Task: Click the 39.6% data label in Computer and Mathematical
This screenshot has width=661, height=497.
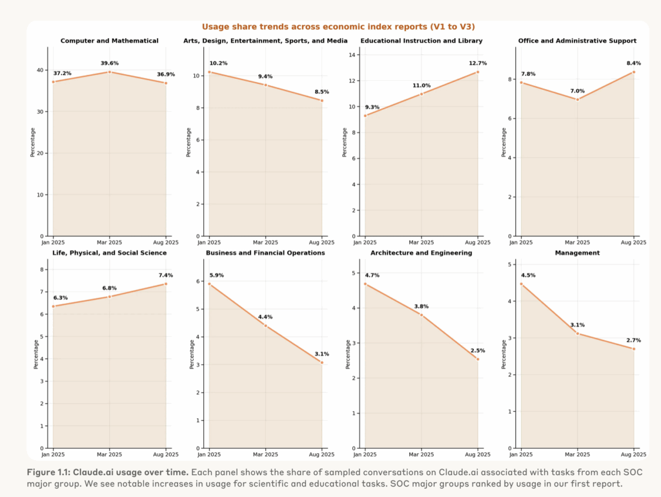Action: pyautogui.click(x=110, y=63)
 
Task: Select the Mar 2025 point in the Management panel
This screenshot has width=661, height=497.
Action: pyautogui.click(x=578, y=333)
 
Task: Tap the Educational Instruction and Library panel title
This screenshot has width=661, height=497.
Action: pyautogui.click(x=422, y=41)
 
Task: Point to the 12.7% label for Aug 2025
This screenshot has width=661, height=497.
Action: pyautogui.click(x=478, y=63)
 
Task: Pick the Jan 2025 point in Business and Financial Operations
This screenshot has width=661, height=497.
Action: pyautogui.click(x=209, y=284)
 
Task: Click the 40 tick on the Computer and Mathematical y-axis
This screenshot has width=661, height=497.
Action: pyautogui.click(x=40, y=70)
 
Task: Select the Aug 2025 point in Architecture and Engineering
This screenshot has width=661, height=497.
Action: pyautogui.click(x=478, y=359)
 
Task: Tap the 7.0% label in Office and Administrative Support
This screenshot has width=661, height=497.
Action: pyautogui.click(x=578, y=91)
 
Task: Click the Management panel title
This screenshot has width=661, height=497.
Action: pyautogui.click(x=577, y=253)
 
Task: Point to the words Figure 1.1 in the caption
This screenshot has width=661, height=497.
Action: pyautogui.click(x=48, y=472)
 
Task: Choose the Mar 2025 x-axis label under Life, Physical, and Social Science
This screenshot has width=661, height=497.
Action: pyautogui.click(x=110, y=455)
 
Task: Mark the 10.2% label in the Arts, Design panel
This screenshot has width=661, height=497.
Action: pyautogui.click(x=218, y=63)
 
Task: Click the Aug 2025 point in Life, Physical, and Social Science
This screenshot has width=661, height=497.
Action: pyautogui.click(x=166, y=284)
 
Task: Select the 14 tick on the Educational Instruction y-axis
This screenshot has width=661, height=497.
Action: pyautogui.click(x=353, y=55)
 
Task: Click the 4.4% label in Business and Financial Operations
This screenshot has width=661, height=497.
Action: pyautogui.click(x=265, y=317)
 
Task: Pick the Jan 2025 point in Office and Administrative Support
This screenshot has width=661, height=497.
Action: pyautogui.click(x=521, y=83)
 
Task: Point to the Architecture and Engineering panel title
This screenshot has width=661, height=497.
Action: pyautogui.click(x=422, y=253)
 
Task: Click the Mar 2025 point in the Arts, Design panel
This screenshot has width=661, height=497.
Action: pyautogui.click(x=265, y=85)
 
